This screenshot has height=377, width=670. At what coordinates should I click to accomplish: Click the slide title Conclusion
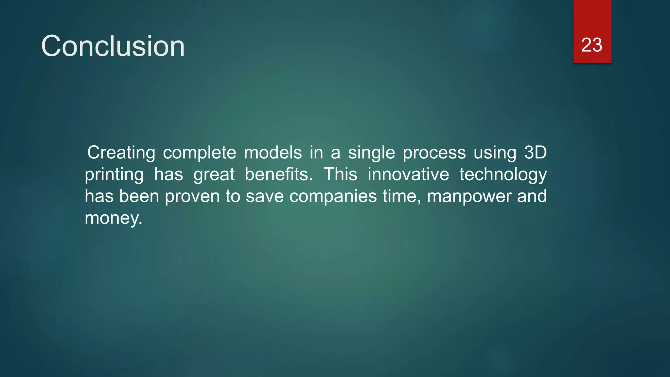pos(113,46)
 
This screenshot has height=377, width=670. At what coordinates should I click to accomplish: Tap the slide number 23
pos(591,45)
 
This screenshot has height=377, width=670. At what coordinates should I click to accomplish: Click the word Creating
pos(121,153)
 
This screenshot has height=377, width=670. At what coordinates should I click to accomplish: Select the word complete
pos(199,153)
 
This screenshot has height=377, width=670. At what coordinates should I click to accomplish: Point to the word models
pos(273,153)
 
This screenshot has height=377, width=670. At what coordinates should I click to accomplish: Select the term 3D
pos(535,153)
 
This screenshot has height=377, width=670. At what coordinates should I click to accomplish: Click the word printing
pos(114,175)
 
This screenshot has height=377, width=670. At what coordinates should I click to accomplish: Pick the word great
pos(214,175)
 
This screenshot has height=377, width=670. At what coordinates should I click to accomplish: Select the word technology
pos(503,175)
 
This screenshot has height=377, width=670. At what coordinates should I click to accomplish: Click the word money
pos(113,219)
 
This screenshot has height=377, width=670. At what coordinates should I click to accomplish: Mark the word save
pos(264,196)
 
